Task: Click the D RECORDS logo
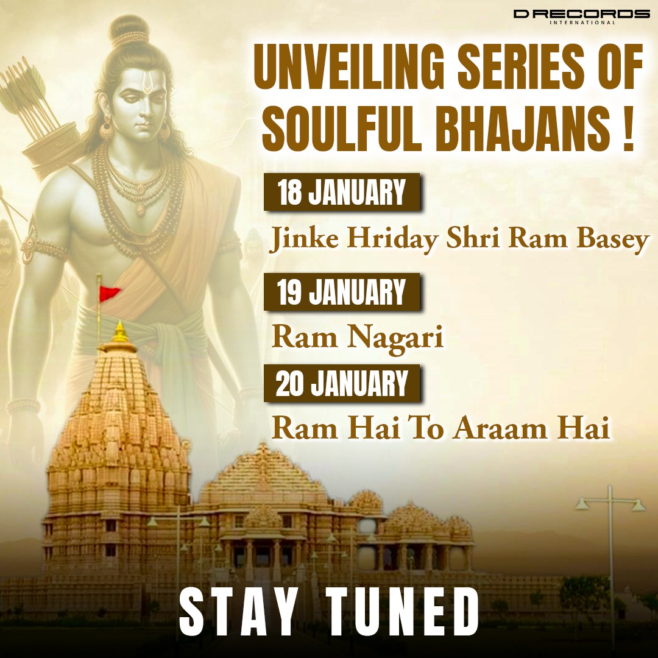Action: pos(581,15)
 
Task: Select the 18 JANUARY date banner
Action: pos(342,193)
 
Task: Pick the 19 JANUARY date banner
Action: pos(342,293)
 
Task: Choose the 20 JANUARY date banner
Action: pos(342,384)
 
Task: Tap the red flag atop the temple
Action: pos(110,292)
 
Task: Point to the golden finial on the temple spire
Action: pos(120,332)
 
